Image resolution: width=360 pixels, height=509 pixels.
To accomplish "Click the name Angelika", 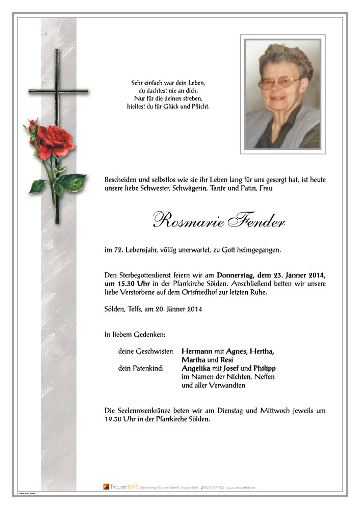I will [x=198, y=368].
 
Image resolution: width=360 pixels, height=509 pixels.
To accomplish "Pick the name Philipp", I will [x=265, y=368].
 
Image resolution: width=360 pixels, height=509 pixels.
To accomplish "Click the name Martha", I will [x=194, y=360].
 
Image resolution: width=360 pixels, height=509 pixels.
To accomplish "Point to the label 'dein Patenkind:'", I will [x=141, y=368].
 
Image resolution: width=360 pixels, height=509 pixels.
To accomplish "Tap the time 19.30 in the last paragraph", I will [x=113, y=419].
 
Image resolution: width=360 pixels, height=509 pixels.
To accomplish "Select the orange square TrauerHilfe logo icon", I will [x=106, y=487].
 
